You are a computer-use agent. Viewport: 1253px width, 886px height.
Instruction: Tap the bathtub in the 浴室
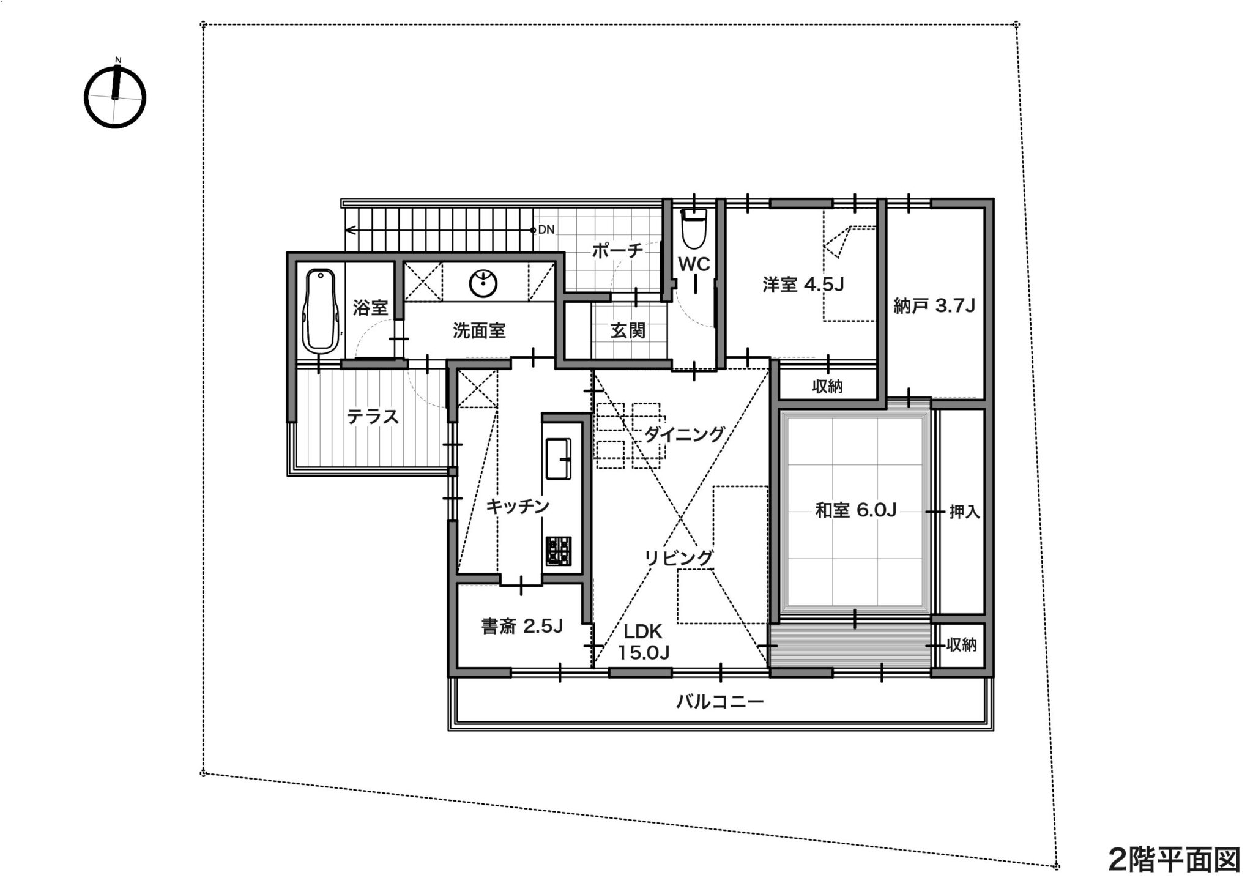tap(321, 311)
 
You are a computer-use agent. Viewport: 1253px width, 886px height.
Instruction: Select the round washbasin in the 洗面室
tap(483, 283)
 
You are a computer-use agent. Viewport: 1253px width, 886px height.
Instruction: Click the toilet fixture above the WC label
tap(694, 228)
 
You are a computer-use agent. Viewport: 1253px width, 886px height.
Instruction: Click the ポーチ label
tap(617, 250)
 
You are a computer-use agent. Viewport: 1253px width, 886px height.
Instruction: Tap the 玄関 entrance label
tap(628, 330)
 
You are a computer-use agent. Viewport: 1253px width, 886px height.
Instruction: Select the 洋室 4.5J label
tap(803, 285)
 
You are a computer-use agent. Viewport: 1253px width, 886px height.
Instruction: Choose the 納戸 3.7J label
tap(934, 305)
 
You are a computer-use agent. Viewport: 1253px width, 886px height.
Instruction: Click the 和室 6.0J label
tap(855, 510)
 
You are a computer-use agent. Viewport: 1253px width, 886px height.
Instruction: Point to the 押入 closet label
tap(964, 512)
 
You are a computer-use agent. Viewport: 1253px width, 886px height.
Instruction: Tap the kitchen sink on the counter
tap(558, 459)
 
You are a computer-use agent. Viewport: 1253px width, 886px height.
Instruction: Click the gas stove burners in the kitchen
tap(559, 551)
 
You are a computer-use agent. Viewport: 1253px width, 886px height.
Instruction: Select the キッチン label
tap(518, 507)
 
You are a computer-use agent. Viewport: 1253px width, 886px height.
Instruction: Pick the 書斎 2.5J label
tap(522, 626)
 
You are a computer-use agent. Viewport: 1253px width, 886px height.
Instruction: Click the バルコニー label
tap(720, 701)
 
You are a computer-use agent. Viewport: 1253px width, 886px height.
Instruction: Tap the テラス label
tap(373, 417)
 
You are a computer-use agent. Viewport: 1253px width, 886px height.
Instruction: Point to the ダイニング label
tap(684, 434)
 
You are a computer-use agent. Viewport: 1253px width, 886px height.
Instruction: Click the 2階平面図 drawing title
tap(1174, 860)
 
